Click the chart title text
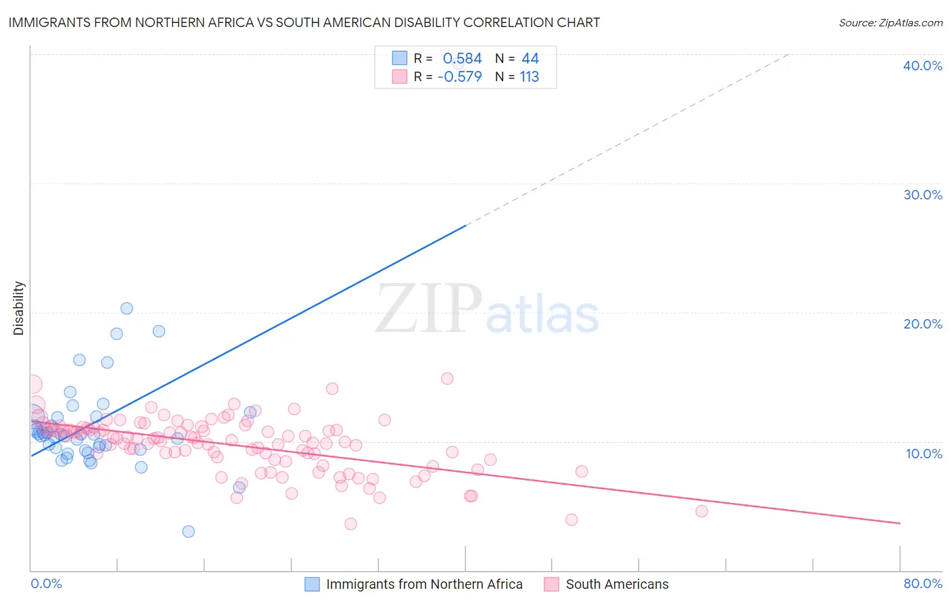304,22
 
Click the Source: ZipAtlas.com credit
890,22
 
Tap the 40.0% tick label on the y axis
923,66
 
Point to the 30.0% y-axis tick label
923,195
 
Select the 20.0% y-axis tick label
923,324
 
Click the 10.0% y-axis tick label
923,454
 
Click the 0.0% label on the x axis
46,583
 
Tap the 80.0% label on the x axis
923,583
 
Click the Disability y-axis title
19,308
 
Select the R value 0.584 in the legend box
462,59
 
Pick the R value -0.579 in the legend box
460,77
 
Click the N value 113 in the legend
530,77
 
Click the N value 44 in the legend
530,59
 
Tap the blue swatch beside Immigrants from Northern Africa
312,584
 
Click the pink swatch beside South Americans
551,584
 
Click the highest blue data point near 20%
126,308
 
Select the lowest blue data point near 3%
189,531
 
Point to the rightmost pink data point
701,511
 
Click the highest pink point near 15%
447,379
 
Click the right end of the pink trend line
900,523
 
